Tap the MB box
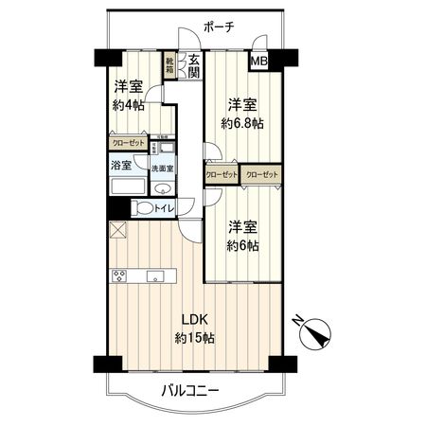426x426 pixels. [257, 62]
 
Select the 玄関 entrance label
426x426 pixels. [192, 66]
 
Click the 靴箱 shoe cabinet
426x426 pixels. [169, 65]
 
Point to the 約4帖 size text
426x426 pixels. [128, 104]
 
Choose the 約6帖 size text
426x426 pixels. [242, 245]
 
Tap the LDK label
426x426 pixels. [193, 319]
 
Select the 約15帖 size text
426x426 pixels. [193, 338]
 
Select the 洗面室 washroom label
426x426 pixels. [163, 169]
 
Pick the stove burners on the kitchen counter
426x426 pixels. [120, 276]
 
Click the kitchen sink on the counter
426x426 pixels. [156, 276]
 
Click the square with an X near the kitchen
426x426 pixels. [116, 229]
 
